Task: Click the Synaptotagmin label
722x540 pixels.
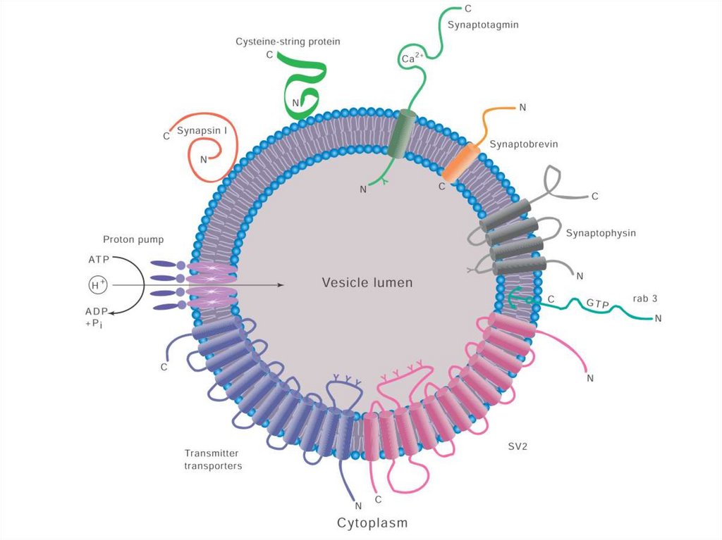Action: coord(483,25)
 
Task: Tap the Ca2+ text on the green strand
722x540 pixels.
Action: coord(411,59)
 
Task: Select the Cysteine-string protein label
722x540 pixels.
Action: coord(288,42)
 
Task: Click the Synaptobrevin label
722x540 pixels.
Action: coord(524,144)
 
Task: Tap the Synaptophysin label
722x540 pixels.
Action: coord(601,232)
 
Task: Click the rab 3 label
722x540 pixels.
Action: coord(644,299)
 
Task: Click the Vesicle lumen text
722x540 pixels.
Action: coord(367,282)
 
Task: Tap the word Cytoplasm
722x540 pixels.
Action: coord(372,522)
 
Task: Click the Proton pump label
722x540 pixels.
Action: coord(133,239)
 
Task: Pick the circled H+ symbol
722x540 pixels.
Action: coord(97,284)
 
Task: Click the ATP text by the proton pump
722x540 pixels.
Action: coord(99,259)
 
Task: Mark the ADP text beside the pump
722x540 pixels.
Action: coord(97,310)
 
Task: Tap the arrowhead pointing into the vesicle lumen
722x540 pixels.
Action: coord(280,284)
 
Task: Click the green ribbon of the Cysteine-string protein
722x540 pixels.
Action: coord(305,81)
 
